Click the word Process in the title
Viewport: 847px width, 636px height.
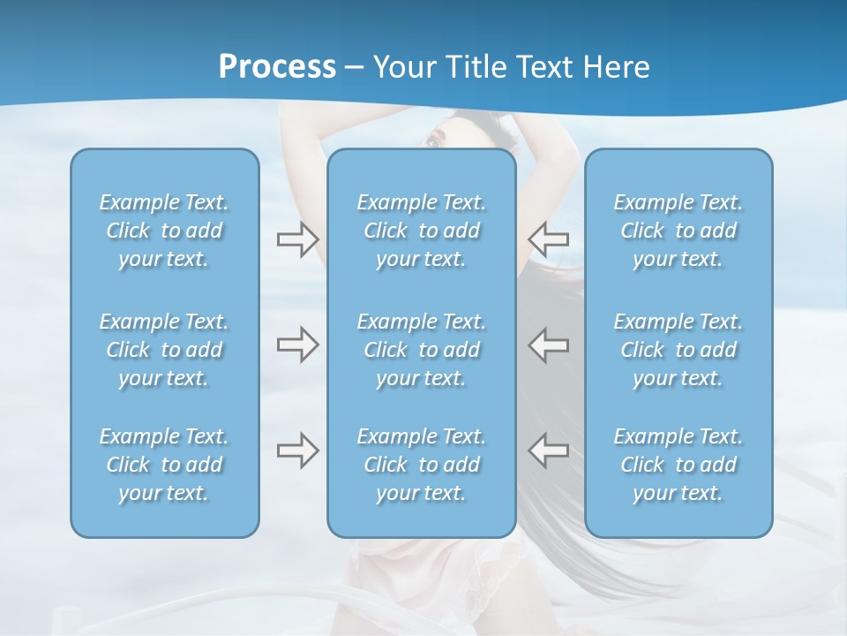pyautogui.click(x=277, y=67)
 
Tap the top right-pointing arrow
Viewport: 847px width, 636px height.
pyautogui.click(x=297, y=239)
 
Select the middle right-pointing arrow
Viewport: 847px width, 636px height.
pyautogui.click(x=297, y=344)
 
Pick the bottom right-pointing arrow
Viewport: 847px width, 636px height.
pyautogui.click(x=297, y=450)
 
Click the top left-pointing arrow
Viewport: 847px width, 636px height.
pyautogui.click(x=548, y=239)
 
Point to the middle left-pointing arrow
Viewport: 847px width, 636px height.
pyautogui.click(x=548, y=344)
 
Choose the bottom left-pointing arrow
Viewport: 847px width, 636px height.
pyautogui.click(x=548, y=450)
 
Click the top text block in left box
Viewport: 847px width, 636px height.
pyautogui.click(x=164, y=231)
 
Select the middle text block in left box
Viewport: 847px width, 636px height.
pyautogui.click(x=164, y=350)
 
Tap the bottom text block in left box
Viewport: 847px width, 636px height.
pyautogui.click(x=164, y=465)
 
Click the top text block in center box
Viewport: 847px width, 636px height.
pyautogui.click(x=422, y=231)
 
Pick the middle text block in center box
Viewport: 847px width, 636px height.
pyautogui.click(x=422, y=350)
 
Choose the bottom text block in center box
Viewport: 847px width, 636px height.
pyautogui.click(x=422, y=465)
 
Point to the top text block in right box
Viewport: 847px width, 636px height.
pyautogui.click(x=678, y=231)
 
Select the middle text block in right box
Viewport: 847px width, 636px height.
pyautogui.click(x=678, y=350)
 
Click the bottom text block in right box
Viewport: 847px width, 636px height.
pyautogui.click(x=678, y=465)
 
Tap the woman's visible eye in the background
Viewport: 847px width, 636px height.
pyautogui.click(x=432, y=142)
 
